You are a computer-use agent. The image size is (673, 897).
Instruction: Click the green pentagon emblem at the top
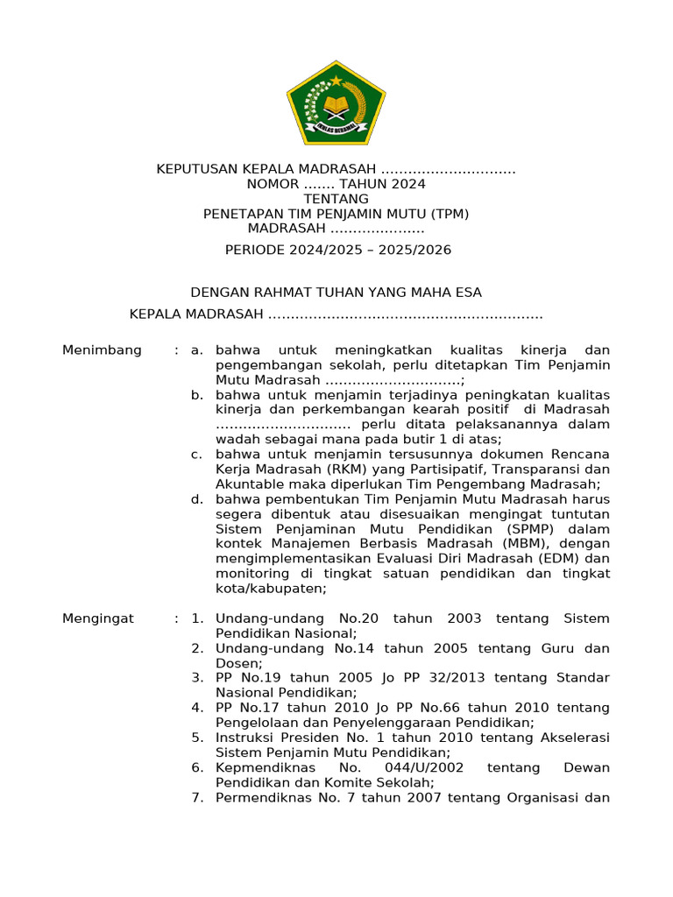336,103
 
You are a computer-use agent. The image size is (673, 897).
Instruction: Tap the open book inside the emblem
336,108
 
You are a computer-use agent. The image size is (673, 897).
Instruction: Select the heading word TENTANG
336,199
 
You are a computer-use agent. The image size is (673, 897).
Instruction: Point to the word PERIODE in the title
254,250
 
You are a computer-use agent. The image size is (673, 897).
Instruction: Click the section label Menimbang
102,350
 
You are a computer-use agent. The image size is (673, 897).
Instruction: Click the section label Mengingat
98,618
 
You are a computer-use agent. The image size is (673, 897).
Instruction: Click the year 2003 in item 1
464,618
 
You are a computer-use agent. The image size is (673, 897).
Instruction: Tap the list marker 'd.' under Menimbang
197,499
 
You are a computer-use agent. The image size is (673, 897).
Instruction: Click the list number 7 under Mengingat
197,797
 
